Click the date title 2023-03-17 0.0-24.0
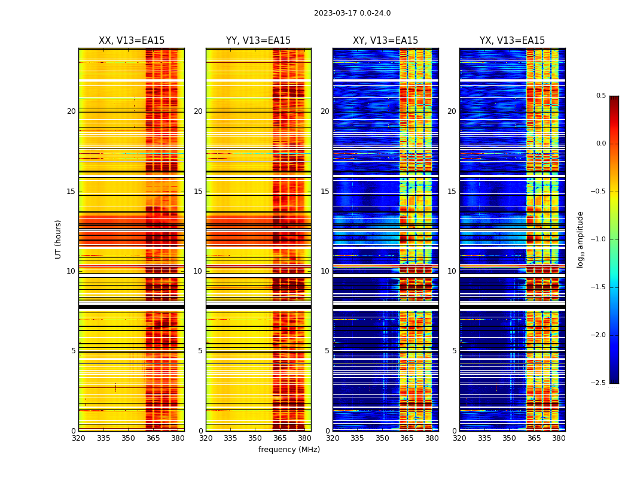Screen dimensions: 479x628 tap(352, 13)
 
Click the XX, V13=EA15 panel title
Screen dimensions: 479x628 tap(132, 41)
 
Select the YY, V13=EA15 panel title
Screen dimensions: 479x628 tap(258, 41)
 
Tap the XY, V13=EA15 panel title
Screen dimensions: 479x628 tap(385, 41)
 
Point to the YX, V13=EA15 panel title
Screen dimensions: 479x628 tap(512, 41)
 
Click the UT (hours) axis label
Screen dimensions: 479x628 tap(59, 239)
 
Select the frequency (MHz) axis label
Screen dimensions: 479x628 tap(289, 450)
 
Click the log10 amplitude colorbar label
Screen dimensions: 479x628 tap(580, 239)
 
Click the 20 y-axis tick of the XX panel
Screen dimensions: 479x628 tap(71, 111)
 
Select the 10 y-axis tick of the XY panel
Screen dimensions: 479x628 tap(325, 271)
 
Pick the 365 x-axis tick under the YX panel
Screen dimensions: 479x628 tap(534, 438)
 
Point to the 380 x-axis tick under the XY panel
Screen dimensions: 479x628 tap(432, 438)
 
